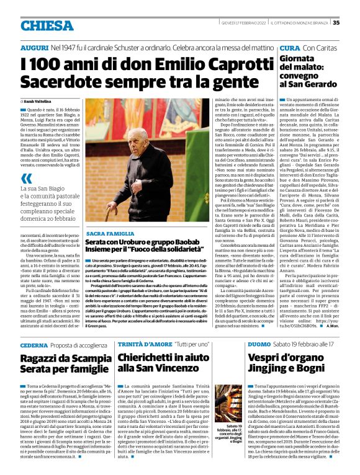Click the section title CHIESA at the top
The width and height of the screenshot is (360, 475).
click(x=47, y=25)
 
